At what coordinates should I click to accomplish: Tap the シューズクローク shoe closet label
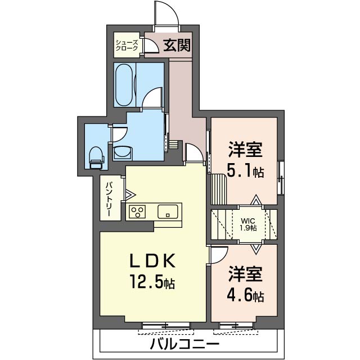(127, 46)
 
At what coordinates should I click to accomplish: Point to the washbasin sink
(121, 152)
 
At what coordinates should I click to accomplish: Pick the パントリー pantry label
(108, 198)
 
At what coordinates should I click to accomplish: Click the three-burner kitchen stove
(137, 211)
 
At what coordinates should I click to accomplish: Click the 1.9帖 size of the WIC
(248, 228)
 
